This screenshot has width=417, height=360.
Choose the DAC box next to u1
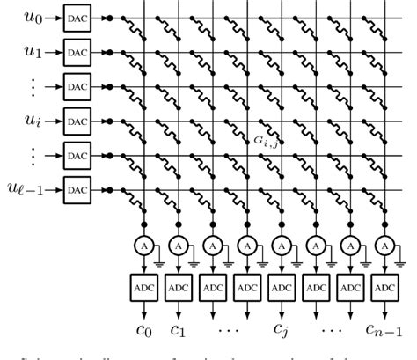coord(77,52)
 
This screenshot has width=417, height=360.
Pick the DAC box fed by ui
coord(77,121)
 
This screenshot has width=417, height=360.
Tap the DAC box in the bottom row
coord(77,189)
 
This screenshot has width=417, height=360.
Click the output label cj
coord(282,331)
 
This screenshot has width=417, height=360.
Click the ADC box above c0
coord(143,287)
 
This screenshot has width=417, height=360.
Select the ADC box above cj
coord(282,287)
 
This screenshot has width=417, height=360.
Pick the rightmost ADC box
coord(384,287)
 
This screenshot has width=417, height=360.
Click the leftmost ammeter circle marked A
coord(143,244)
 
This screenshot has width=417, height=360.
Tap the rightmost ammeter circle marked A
coord(384,244)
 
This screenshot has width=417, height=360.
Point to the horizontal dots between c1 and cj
coord(230,330)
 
